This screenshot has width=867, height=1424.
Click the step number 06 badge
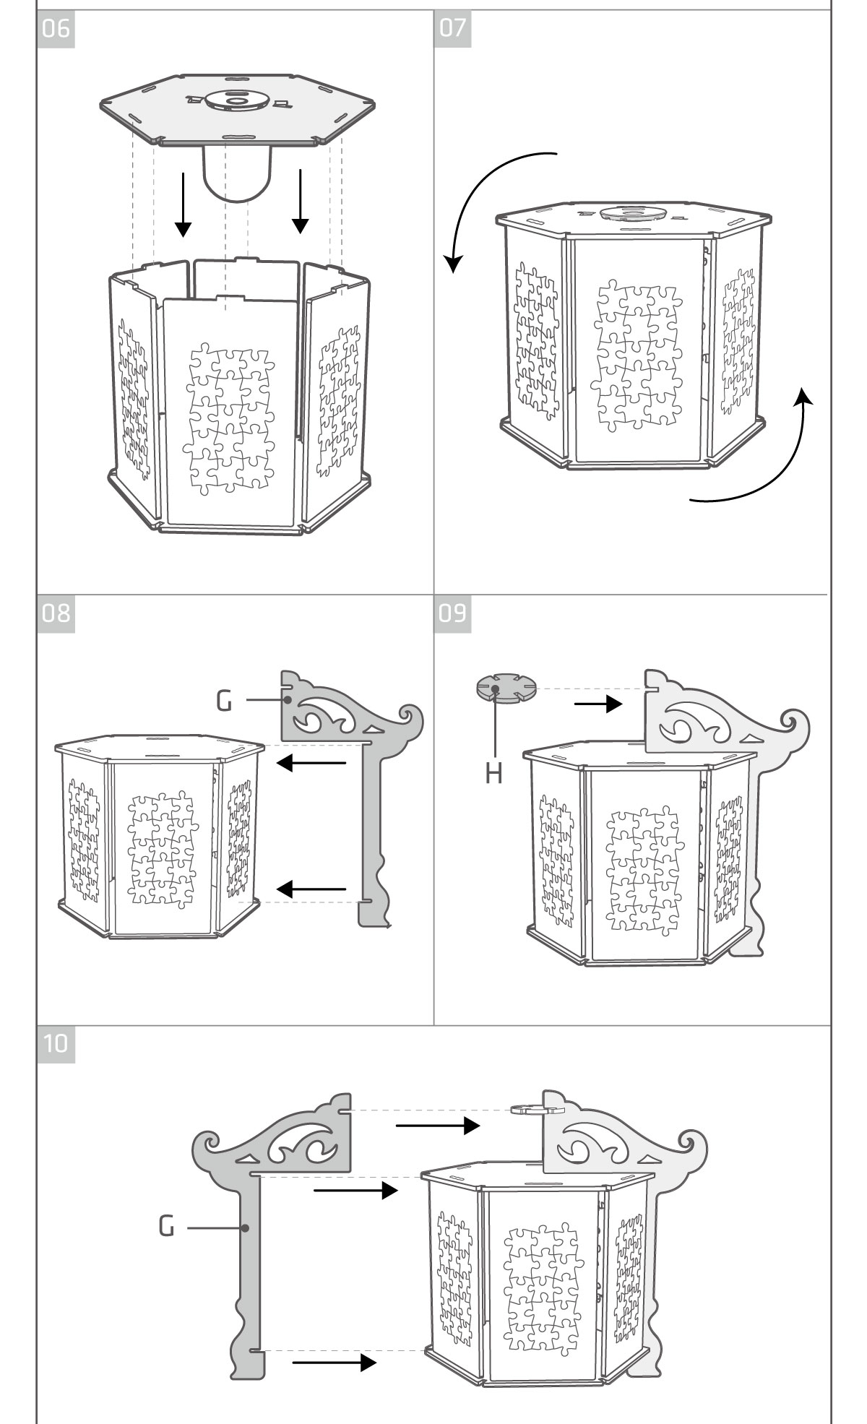point(56,30)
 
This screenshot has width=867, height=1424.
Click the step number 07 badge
point(452,30)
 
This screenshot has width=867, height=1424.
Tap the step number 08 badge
point(56,613)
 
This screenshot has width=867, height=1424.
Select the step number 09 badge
point(452,613)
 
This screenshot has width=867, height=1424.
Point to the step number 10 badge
point(56,1044)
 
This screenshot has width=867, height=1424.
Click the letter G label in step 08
point(225,700)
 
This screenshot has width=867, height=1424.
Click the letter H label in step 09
point(493,774)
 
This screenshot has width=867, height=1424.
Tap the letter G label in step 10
point(167,1226)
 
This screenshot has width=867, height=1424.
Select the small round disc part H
point(506,689)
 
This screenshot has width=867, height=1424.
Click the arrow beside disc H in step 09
point(598,703)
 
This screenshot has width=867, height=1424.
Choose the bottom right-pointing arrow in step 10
point(334,1363)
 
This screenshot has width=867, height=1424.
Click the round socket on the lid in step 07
point(632,213)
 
